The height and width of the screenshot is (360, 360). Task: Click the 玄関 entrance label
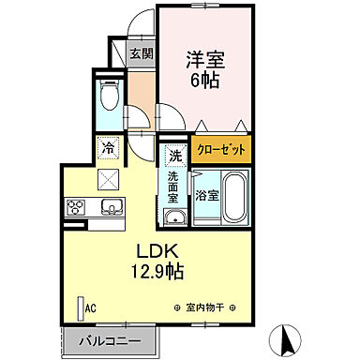coord(141,54)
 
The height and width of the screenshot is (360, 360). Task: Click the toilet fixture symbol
coord(109,97)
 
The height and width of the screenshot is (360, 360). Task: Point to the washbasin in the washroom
coord(174,218)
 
